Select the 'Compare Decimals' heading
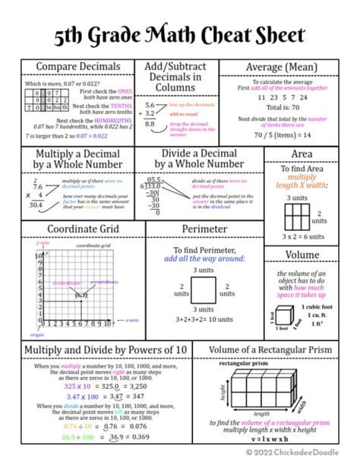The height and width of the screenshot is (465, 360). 78,68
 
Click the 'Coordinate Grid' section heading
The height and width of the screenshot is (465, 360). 83,229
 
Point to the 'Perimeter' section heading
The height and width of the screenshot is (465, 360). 204,229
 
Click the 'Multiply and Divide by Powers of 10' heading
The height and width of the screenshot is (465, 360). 106,350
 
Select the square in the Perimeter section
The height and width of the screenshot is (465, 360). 204,290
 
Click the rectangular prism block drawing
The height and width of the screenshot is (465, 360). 264,391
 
